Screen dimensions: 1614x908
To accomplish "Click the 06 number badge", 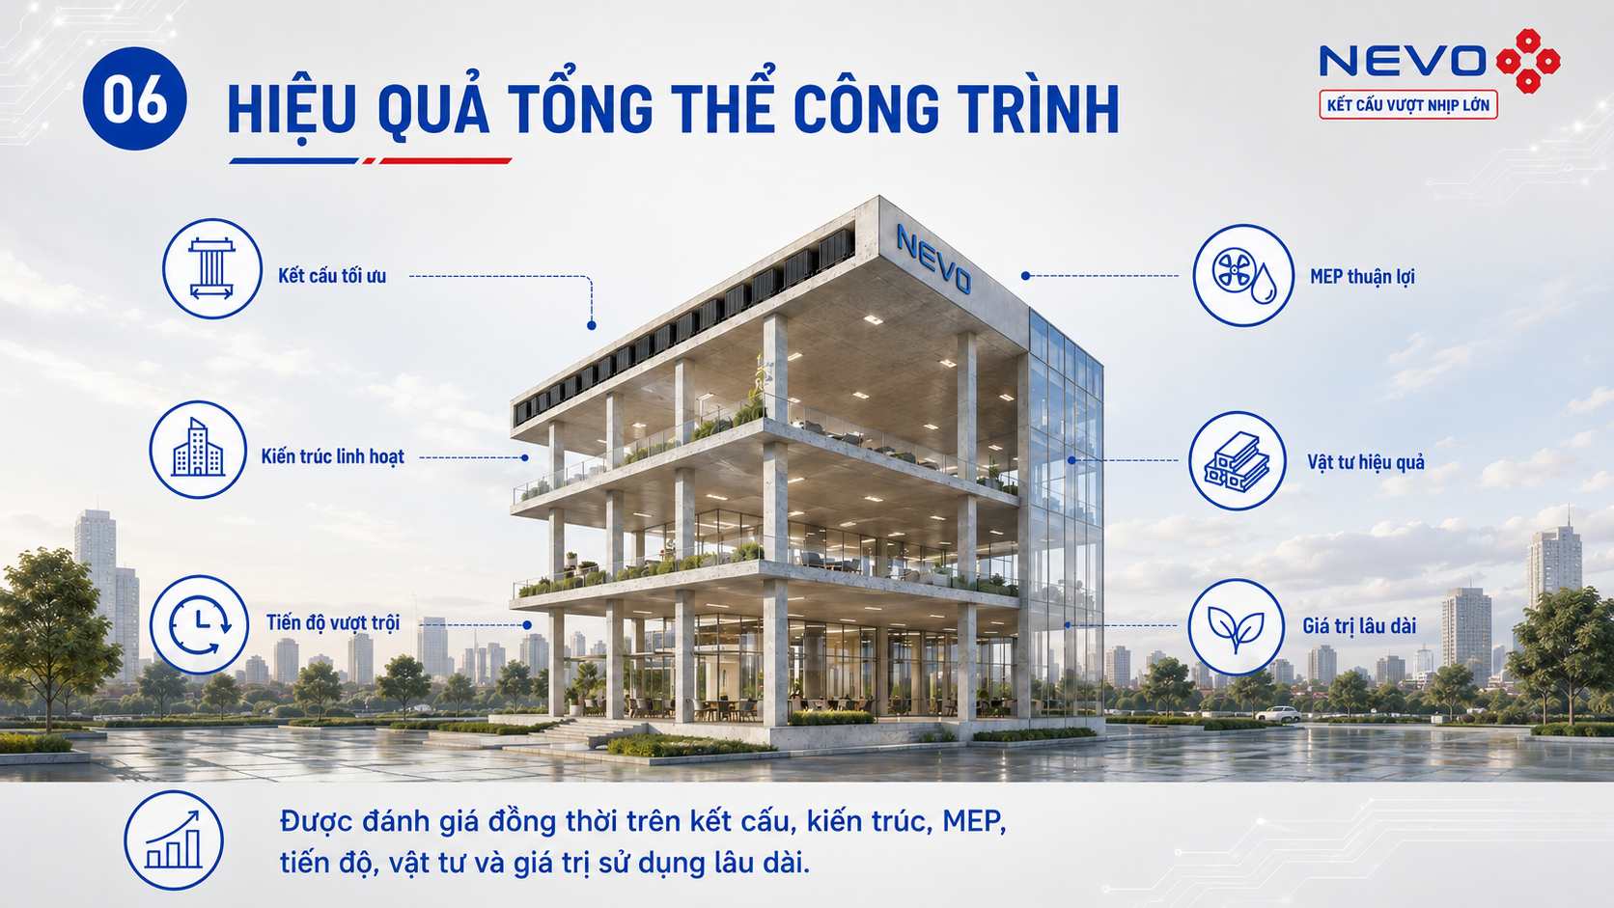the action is tap(135, 98).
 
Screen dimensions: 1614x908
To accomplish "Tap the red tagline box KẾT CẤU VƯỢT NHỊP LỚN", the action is tap(1408, 105).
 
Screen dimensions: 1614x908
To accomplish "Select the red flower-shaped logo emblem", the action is tap(1528, 61).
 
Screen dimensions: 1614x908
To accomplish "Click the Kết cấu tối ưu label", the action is tap(332, 276).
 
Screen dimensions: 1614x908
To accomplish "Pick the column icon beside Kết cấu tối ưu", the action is tap(211, 268).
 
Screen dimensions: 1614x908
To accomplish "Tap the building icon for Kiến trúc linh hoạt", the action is tap(198, 450).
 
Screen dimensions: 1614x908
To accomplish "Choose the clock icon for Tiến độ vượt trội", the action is tap(200, 624).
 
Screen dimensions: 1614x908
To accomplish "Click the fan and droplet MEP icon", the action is tap(1243, 276).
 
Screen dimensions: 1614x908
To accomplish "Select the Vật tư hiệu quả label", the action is tap(1366, 462).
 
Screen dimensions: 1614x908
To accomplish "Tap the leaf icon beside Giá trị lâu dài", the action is tap(1237, 626).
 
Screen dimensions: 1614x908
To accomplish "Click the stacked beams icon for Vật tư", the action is tap(1238, 461).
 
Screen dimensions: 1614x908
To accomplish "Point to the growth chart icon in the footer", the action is tap(174, 840).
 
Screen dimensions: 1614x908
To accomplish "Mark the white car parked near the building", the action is tap(1277, 714).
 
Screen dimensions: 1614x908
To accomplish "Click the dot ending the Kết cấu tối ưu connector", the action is tap(592, 325).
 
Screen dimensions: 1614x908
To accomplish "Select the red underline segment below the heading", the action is tap(445, 161).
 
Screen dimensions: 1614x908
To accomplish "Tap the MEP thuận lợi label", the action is tap(1362, 277).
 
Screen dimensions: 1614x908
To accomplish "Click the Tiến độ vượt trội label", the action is tap(333, 622).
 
